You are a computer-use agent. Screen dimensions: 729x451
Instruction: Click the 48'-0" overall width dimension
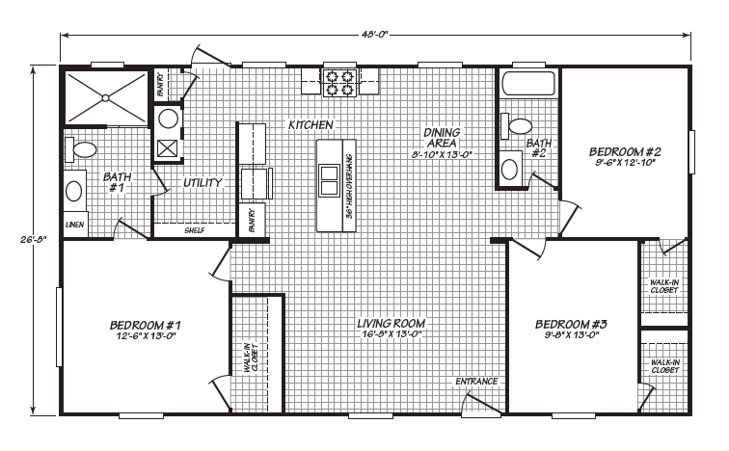(374, 35)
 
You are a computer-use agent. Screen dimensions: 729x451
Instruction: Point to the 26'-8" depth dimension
(34, 240)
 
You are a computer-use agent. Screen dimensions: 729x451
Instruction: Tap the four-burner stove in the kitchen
(339, 83)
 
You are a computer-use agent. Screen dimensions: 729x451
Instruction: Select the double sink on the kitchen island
(329, 180)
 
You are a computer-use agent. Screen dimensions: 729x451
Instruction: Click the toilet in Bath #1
(80, 149)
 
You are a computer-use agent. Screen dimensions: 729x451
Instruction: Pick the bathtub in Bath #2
(528, 84)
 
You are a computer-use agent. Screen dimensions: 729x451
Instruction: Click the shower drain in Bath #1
(105, 98)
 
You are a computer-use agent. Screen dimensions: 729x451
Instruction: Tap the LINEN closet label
(75, 225)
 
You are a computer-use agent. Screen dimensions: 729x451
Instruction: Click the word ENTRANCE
(476, 382)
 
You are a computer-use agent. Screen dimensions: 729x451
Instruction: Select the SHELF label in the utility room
(195, 230)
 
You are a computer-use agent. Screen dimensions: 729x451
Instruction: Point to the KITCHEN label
(310, 125)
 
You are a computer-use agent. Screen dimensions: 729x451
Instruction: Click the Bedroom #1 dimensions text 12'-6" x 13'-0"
(145, 335)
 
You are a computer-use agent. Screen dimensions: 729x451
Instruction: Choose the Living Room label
(391, 323)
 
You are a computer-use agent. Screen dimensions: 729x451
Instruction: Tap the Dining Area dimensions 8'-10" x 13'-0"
(443, 154)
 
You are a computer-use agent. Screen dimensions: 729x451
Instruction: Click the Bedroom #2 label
(625, 152)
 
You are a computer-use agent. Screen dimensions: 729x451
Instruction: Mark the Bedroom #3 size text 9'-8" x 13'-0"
(571, 335)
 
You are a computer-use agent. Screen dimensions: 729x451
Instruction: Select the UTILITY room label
(202, 182)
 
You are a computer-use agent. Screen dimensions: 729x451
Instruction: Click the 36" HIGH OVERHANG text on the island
(350, 186)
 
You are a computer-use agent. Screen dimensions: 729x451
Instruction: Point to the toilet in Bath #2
(516, 126)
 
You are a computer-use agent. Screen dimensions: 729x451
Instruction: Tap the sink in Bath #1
(74, 191)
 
